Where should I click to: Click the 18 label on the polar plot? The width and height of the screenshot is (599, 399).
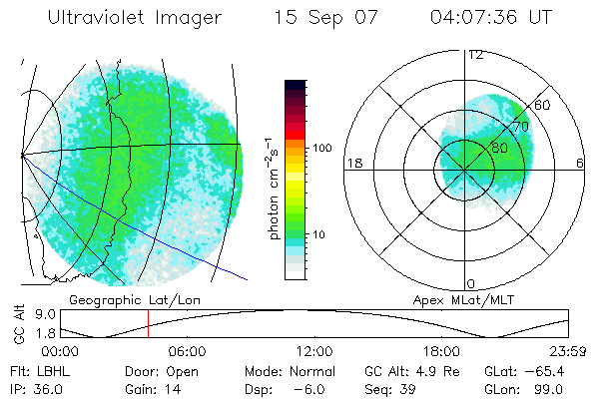(352, 163)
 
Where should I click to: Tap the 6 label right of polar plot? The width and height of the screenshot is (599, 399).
(580, 163)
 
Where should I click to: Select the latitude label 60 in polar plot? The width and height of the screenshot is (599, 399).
(543, 105)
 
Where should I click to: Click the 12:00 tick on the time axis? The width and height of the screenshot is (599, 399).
(314, 351)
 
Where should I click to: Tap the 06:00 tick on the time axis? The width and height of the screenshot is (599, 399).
(187, 351)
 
